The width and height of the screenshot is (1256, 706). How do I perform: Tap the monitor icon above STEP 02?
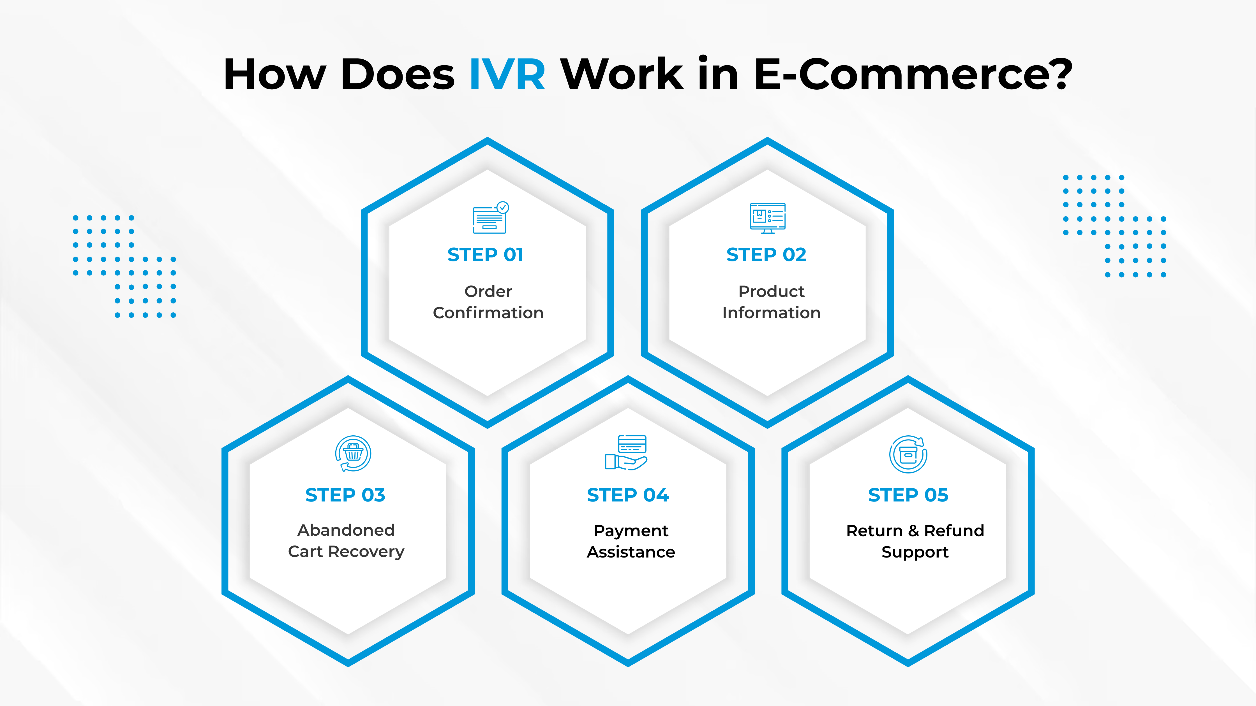[767, 218]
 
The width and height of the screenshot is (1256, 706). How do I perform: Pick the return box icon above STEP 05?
[908, 454]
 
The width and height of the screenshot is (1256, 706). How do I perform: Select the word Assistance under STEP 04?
[631, 552]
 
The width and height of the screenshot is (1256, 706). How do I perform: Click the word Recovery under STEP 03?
[366, 552]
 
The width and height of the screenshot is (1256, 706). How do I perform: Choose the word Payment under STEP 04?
[631, 531]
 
